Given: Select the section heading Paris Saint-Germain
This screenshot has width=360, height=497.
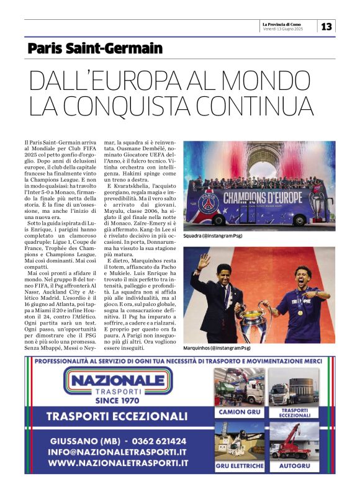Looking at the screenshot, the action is click(95, 48).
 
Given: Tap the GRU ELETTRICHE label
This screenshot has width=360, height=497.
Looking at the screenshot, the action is click(239, 465).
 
